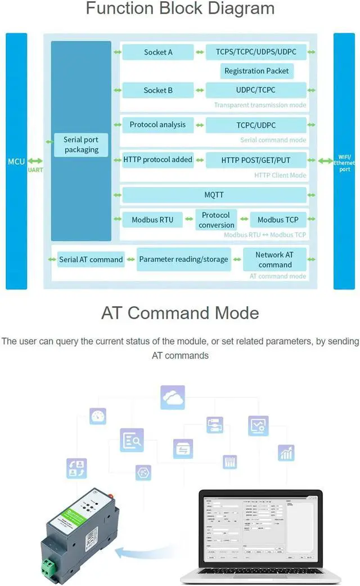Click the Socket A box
(158, 52)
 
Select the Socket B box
(158, 90)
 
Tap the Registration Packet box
(256, 71)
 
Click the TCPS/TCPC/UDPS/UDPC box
(256, 52)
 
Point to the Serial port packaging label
(81, 145)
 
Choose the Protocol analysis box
(157, 125)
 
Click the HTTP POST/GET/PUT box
(256, 160)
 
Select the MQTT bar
(214, 195)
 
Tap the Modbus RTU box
(152, 220)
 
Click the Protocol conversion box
(216, 220)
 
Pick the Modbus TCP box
(278, 220)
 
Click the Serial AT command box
(91, 260)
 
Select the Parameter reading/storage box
(183, 260)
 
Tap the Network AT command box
(274, 260)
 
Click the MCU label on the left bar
(16, 162)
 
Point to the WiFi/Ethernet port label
(344, 163)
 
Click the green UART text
(35, 169)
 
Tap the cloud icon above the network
(173, 397)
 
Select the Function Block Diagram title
(180, 9)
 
